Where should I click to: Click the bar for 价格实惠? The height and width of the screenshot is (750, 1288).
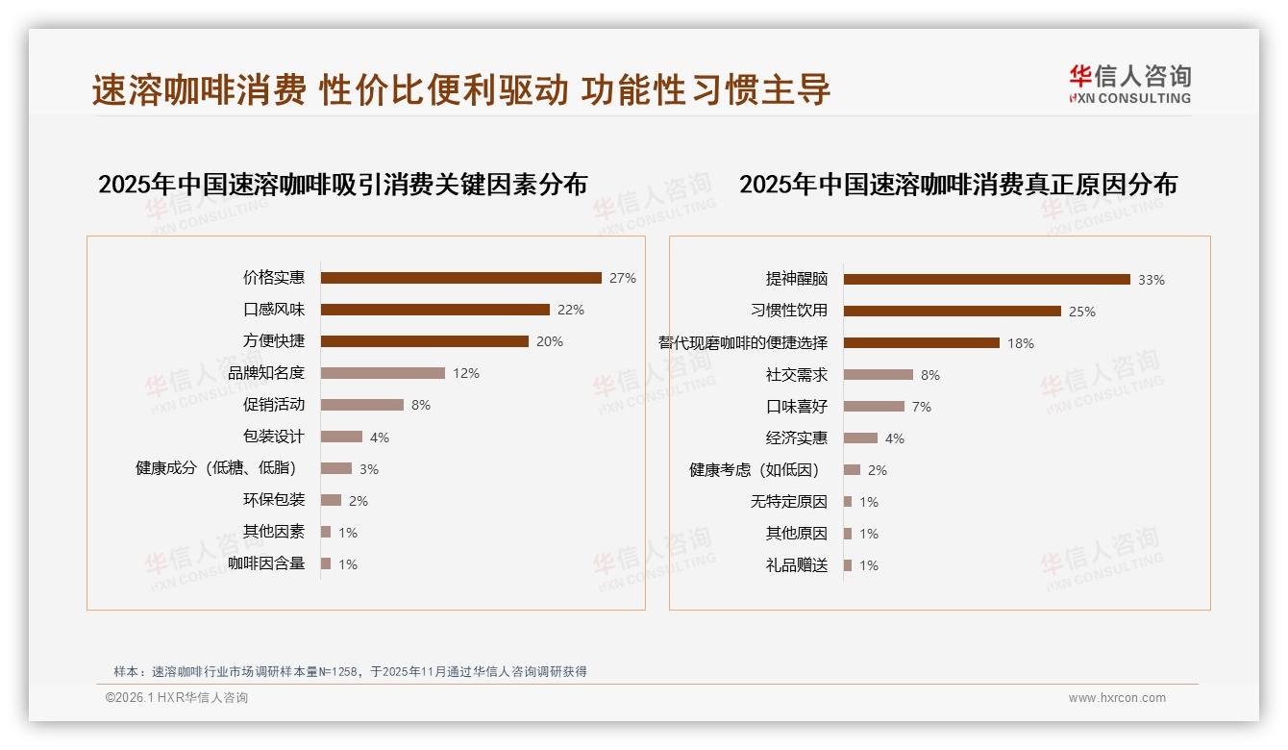point(460,278)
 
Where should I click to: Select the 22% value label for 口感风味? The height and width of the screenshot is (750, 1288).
point(571,310)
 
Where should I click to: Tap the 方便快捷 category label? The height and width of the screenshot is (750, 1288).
point(273,341)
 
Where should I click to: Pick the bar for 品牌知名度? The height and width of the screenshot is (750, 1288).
point(383,373)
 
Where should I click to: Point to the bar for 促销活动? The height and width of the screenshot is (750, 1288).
point(361,405)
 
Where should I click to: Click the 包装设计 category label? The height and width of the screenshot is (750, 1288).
point(273,437)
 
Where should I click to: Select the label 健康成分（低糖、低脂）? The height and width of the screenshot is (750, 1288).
point(216,468)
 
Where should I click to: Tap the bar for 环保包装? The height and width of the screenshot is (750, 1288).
point(331,500)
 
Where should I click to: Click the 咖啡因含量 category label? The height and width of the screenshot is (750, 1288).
point(266,563)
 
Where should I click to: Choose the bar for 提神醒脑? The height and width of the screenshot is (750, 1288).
point(986,280)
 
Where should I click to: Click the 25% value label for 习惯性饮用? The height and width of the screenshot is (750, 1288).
point(1082,312)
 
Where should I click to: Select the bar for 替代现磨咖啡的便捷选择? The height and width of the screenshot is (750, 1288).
point(921,343)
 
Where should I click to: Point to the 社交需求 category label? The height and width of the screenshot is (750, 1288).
point(796,375)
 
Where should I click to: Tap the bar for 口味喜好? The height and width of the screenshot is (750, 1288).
point(874,407)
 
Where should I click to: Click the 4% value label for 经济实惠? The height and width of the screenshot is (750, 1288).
point(894,438)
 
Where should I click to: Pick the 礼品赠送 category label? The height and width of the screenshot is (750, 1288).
point(796,565)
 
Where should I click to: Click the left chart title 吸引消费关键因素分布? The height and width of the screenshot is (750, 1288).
point(342,184)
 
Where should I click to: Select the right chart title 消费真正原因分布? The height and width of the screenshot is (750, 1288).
point(957,184)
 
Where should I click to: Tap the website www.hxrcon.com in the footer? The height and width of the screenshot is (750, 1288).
point(1116,698)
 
